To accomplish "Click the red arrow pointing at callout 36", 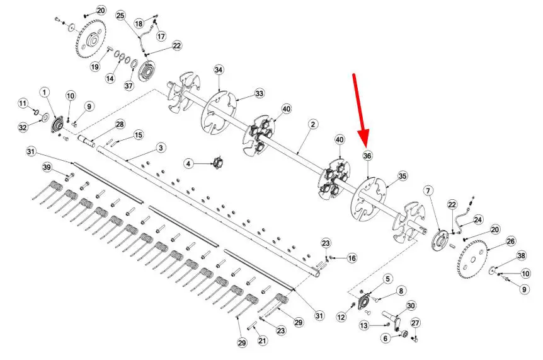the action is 360,110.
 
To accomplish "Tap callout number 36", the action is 367,156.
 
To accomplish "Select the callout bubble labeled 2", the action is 312,124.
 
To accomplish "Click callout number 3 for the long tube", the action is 161,148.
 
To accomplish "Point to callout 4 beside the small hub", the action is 188,163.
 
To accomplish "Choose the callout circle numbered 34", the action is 218,70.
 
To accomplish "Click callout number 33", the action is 259,93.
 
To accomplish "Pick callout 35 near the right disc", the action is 402,177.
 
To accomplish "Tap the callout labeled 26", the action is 511,241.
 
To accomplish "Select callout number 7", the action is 428,191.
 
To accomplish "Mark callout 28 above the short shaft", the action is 120,124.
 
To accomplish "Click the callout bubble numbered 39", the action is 47,168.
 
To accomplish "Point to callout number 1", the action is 44,93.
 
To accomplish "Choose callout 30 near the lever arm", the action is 411,306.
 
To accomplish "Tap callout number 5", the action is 387,279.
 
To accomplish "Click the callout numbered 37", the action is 129,85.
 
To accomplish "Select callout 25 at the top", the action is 120,16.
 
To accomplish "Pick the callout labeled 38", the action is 521,256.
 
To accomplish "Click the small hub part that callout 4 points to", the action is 218,163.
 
